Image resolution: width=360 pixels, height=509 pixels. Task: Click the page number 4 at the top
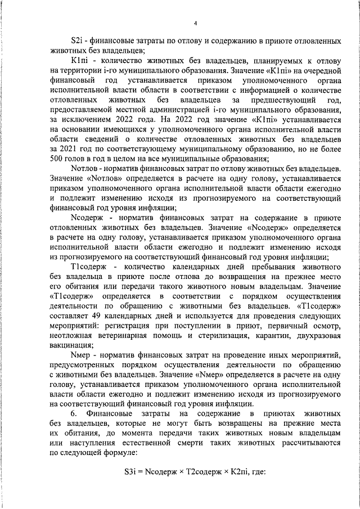195,23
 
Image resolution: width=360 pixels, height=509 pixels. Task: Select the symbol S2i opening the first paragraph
78,42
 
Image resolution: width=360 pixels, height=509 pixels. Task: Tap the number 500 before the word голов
58,159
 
